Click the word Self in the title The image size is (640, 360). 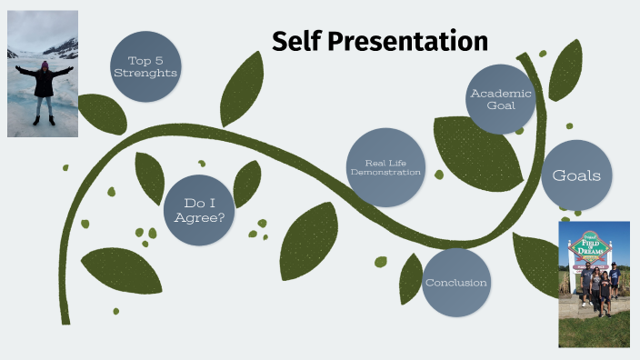[x=296, y=41]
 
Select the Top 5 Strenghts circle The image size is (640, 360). [x=145, y=65]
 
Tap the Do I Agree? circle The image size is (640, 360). [x=199, y=210]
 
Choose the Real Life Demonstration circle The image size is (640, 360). [x=386, y=167]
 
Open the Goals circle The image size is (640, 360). [x=576, y=175]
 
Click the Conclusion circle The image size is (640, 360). [x=456, y=283]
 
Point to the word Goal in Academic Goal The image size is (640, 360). [x=500, y=105]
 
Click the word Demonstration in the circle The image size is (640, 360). [x=386, y=172]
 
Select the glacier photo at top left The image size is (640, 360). [x=42, y=73]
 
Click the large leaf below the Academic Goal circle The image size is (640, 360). [x=475, y=153]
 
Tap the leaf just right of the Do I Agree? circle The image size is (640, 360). [x=247, y=184]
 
